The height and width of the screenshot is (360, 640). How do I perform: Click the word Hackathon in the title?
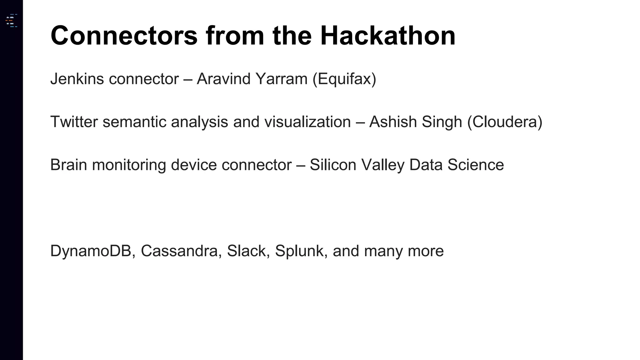point(387,36)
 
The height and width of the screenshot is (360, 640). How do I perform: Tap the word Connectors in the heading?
point(124,36)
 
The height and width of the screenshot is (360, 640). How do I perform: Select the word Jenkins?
point(77,79)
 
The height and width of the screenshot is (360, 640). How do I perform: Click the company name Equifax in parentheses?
point(344,79)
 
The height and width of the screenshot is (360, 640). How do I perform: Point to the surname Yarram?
point(281,79)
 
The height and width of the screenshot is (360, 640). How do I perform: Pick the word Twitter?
point(74,122)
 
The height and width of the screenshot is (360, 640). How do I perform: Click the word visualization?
point(307,122)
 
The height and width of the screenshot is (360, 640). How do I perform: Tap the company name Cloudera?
point(505,122)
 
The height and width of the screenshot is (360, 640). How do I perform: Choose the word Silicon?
point(333,165)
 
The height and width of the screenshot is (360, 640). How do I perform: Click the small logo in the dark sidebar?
point(11,21)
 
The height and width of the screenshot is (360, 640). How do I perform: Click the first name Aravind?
point(223,79)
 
